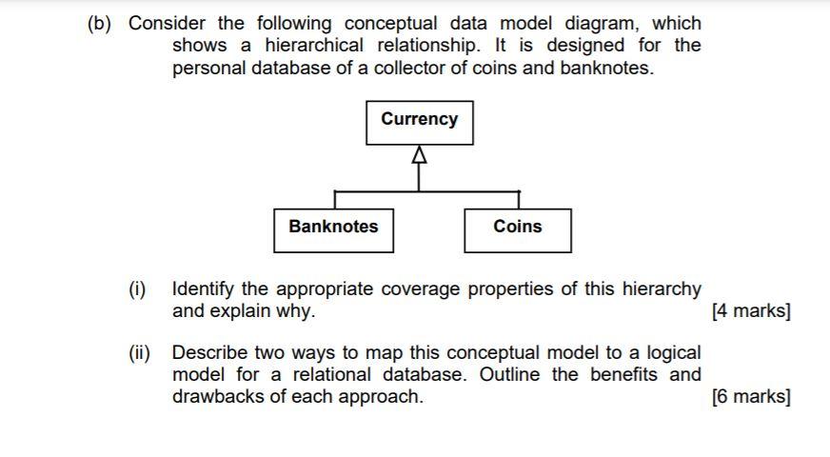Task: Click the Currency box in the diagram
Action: coord(419,123)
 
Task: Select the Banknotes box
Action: coord(333,230)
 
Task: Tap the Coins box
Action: coord(518,230)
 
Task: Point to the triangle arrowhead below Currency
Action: coord(419,156)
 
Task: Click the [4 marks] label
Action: coord(751,311)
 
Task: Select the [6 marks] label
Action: coord(751,397)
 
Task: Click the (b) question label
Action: coord(101,23)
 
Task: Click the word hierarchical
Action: coord(313,46)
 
